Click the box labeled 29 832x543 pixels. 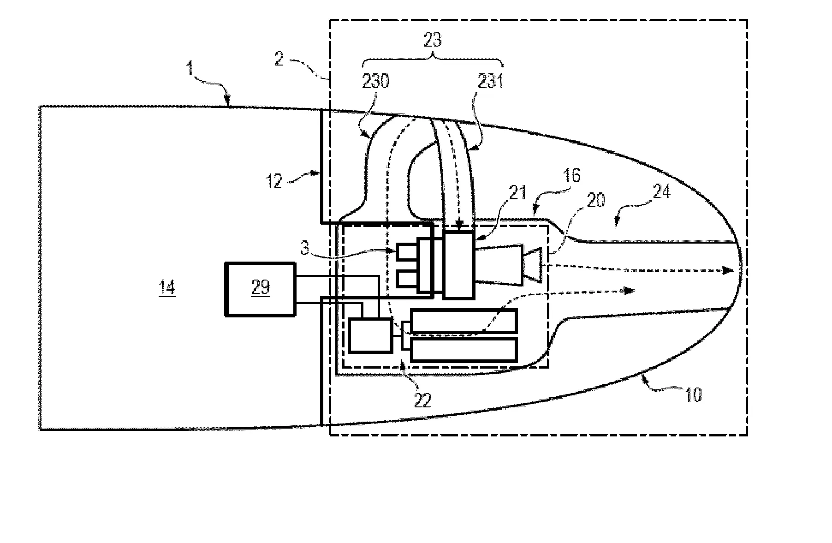click(x=261, y=289)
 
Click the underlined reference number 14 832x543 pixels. click(x=167, y=288)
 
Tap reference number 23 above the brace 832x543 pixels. click(x=433, y=41)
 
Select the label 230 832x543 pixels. click(x=375, y=82)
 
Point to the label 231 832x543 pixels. click(x=491, y=82)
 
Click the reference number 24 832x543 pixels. click(x=661, y=191)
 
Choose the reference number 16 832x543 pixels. click(x=571, y=176)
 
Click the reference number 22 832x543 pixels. click(x=422, y=400)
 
